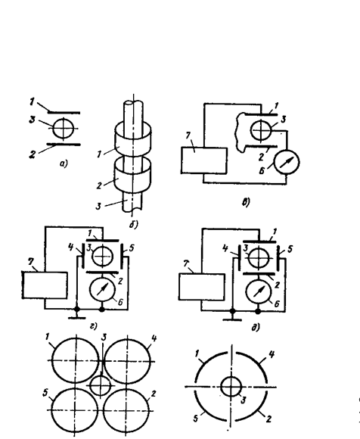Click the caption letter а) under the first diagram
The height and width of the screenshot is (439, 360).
(64, 163)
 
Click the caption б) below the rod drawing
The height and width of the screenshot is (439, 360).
(134, 225)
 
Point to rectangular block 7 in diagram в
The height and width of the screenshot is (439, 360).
(204, 160)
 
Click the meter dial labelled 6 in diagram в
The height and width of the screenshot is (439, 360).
(287, 162)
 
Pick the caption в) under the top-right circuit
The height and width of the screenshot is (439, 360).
(246, 201)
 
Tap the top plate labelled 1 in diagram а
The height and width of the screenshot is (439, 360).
(64, 113)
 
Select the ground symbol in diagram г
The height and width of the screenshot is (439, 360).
(76, 314)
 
